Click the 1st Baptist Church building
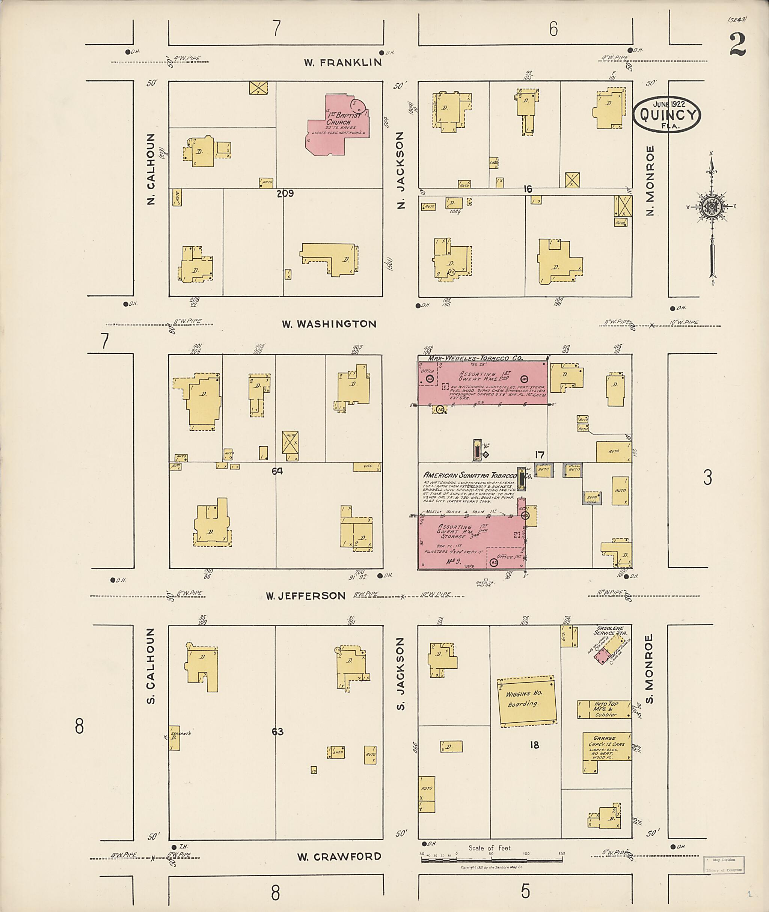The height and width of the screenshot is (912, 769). point(336,127)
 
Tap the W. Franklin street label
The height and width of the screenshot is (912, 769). point(343,62)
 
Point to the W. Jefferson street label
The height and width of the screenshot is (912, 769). point(306,595)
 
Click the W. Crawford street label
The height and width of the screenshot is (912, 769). point(339,857)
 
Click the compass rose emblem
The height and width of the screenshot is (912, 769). point(712,206)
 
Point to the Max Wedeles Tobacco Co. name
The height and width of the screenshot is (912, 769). point(475,358)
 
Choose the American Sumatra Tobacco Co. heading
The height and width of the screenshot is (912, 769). point(477,475)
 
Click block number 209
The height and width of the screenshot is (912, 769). point(285,194)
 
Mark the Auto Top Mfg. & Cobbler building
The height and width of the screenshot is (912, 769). point(604,709)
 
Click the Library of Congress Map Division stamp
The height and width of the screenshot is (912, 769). point(724,864)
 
